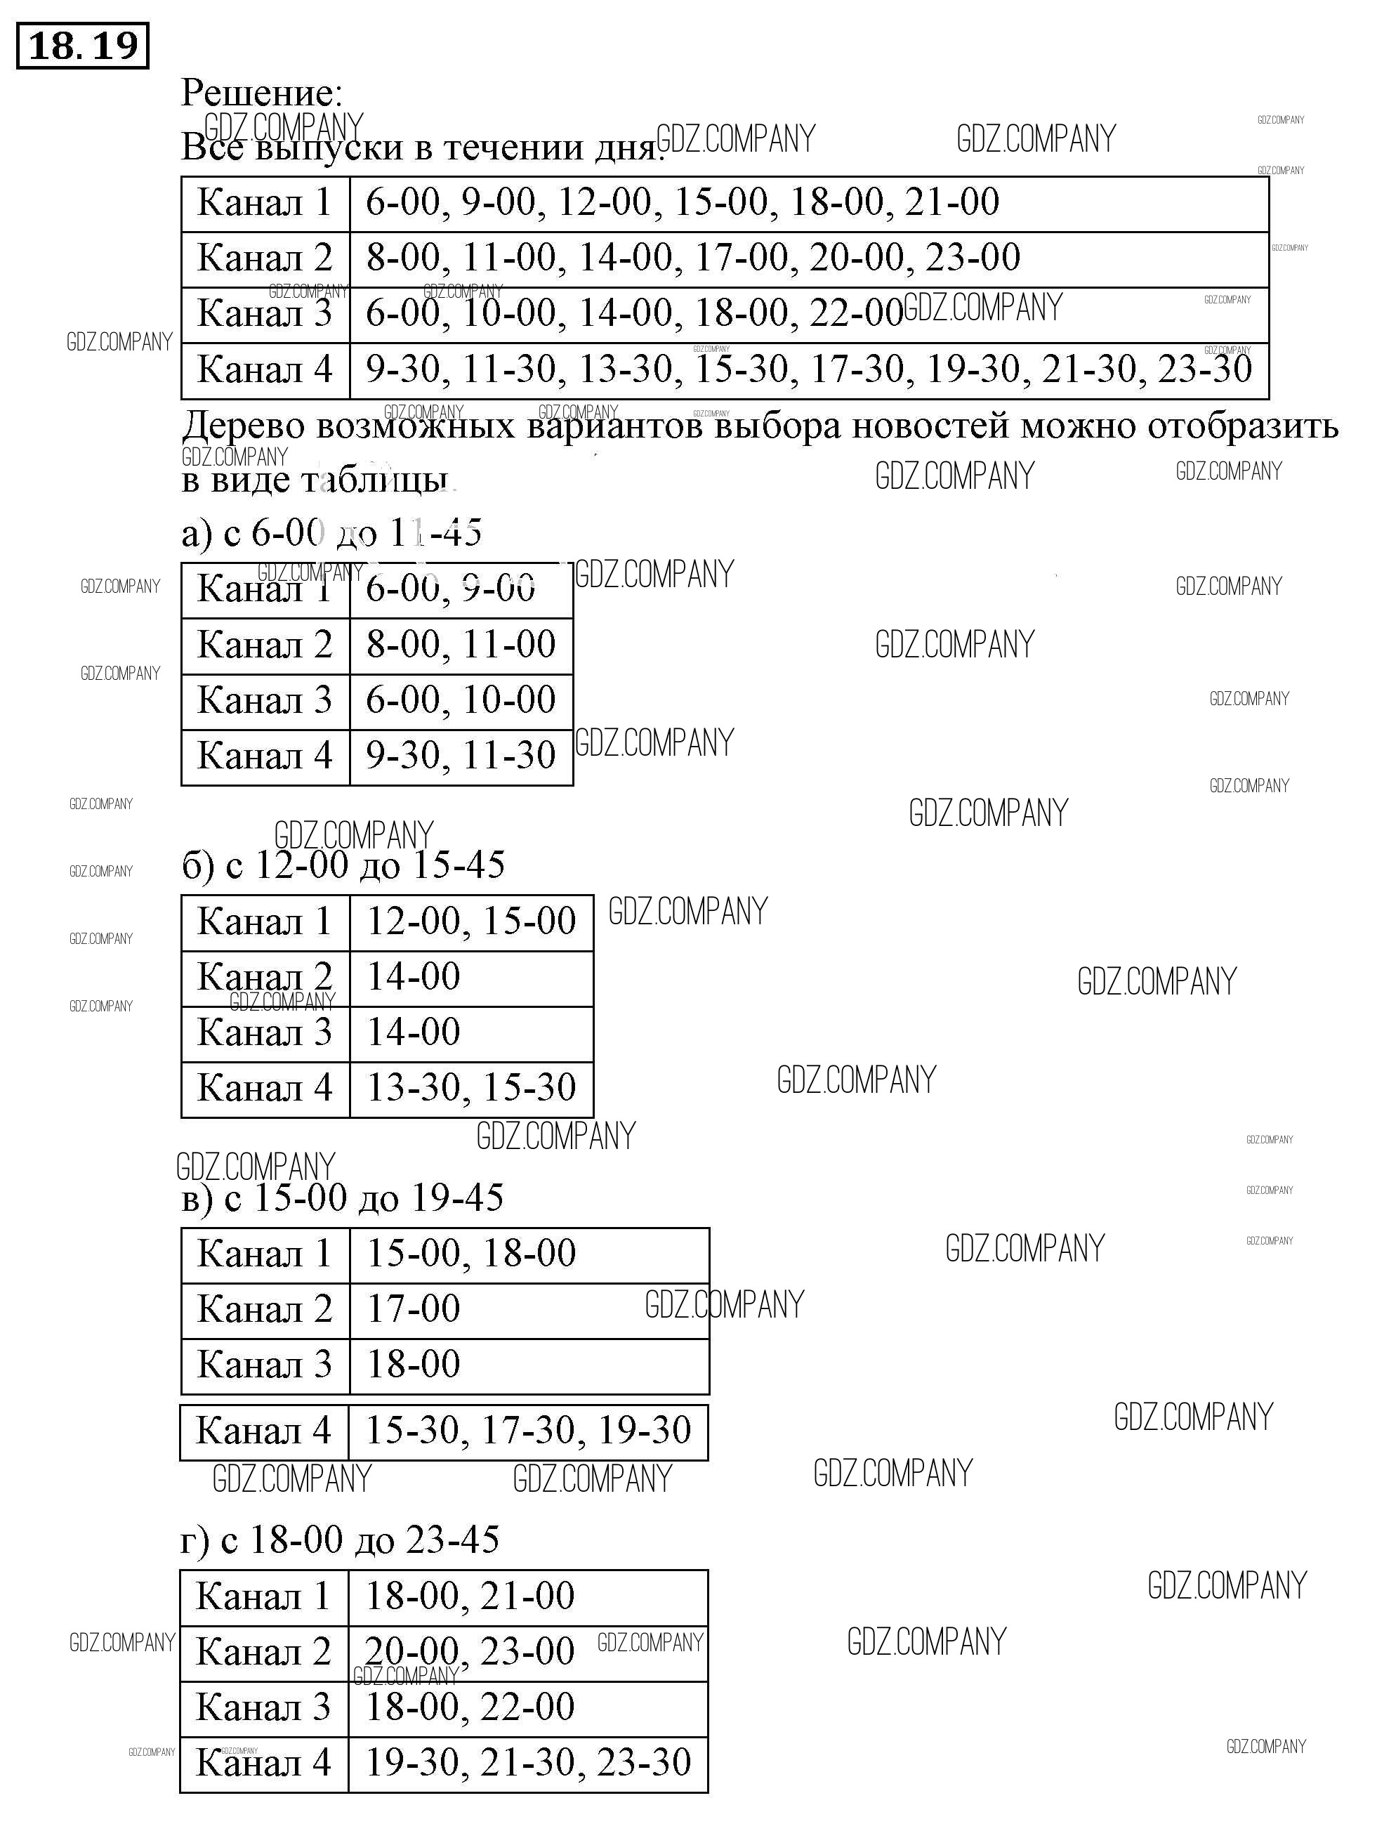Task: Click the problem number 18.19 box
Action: point(82,46)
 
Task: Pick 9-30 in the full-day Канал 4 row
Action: point(402,369)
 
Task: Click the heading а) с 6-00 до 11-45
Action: point(331,534)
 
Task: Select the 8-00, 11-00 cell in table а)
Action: point(461,644)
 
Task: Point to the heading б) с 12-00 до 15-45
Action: point(343,865)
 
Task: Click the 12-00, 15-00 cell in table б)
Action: point(470,921)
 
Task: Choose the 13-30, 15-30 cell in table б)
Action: point(470,1088)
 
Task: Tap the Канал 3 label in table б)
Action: point(265,1032)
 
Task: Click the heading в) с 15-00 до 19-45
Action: point(342,1198)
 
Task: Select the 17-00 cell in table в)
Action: point(413,1308)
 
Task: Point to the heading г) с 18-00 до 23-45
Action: point(340,1540)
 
